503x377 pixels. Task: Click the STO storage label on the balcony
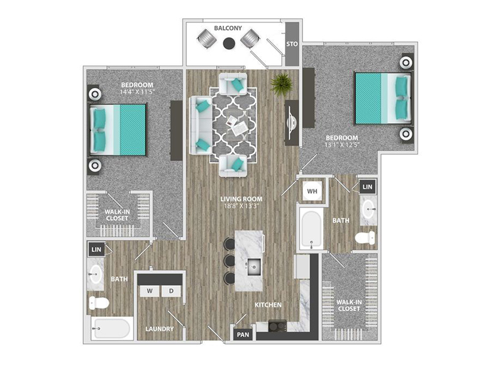click(x=292, y=44)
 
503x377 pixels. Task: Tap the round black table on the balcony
click(x=229, y=43)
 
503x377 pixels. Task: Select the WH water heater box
click(x=312, y=192)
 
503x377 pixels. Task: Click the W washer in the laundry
click(x=150, y=291)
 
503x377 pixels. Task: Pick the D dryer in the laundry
click(x=171, y=291)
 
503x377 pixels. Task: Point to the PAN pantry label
click(x=243, y=335)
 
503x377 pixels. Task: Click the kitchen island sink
click(x=255, y=266)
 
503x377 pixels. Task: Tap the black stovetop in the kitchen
click(x=277, y=326)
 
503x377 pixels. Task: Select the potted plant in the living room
click(x=281, y=84)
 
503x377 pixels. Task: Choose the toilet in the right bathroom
click(x=365, y=238)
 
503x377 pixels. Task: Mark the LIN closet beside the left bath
click(x=96, y=249)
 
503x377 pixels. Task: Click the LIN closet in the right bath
click(x=368, y=187)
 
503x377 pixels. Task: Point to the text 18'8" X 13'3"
click(x=241, y=206)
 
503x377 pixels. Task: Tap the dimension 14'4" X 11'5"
click(x=137, y=92)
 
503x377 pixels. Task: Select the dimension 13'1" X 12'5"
click(x=341, y=145)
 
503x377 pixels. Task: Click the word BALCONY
click(x=228, y=28)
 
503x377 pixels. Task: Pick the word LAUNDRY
click(x=160, y=329)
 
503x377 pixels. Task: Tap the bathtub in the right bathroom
click(x=311, y=229)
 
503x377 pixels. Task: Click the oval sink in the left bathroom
click(x=96, y=275)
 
